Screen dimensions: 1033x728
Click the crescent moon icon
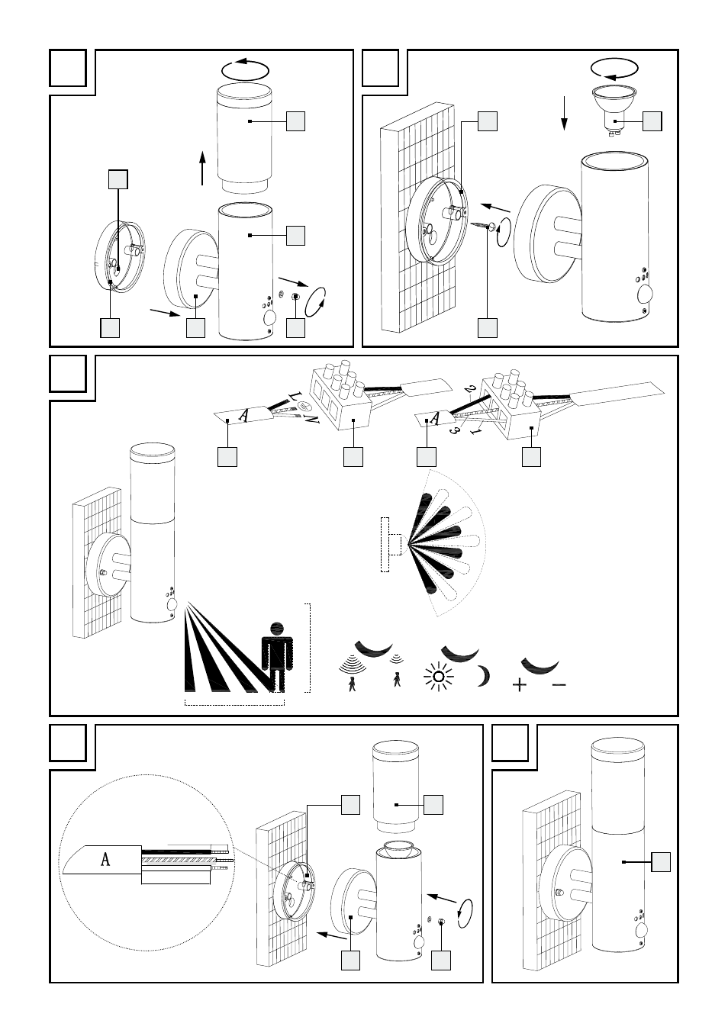pos(482,676)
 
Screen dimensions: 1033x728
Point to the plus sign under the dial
pos(520,685)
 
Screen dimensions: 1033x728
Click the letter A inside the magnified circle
pos(105,859)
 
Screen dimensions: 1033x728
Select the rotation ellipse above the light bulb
pos(616,69)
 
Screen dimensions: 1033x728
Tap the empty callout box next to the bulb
pos(652,121)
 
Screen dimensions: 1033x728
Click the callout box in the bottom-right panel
pos(661,862)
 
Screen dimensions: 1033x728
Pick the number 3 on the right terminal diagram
pos(455,430)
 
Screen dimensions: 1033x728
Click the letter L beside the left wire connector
pos(293,396)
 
